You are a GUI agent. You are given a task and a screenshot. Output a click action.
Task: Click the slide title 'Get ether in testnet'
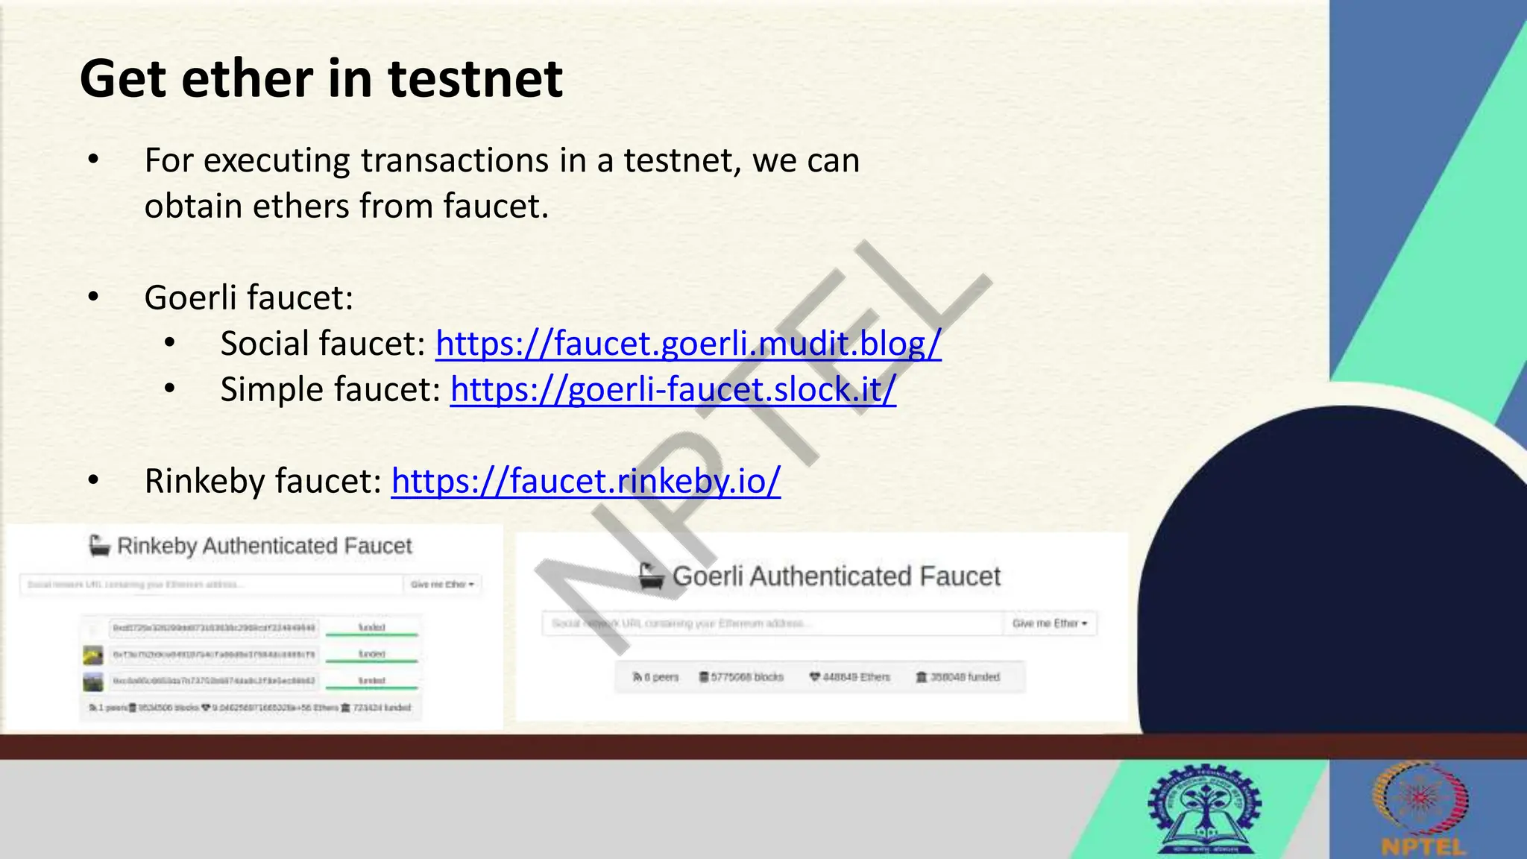(x=321, y=79)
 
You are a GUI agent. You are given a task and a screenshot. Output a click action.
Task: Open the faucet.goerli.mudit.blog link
(x=687, y=344)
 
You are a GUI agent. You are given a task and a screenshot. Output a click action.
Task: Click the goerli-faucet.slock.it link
(x=673, y=390)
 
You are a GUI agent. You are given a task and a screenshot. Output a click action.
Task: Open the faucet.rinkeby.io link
(x=585, y=481)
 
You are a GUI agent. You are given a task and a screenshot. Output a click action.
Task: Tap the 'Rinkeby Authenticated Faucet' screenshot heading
(x=264, y=546)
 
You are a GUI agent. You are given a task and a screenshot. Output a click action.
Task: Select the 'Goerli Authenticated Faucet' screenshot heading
(x=836, y=576)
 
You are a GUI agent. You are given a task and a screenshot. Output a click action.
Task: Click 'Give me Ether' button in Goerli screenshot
(x=1049, y=623)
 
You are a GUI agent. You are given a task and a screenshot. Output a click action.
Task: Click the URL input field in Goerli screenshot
(x=772, y=623)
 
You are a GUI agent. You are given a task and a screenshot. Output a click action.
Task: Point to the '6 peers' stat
(x=656, y=677)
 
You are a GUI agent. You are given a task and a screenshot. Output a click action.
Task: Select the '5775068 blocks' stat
(x=741, y=677)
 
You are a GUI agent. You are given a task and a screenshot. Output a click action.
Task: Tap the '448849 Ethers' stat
(x=850, y=677)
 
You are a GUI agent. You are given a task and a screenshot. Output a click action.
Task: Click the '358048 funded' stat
(x=958, y=677)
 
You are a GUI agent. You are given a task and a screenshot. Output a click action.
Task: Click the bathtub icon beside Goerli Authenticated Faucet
(x=651, y=576)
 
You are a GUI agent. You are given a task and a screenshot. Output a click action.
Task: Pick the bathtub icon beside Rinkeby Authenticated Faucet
(x=98, y=546)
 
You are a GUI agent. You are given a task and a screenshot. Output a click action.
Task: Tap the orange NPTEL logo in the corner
(x=1422, y=810)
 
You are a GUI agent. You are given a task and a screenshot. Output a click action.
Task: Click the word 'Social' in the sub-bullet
(x=266, y=344)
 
